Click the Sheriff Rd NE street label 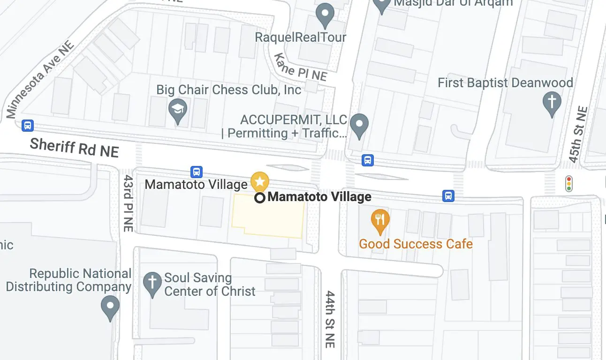[74, 148]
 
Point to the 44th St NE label [331, 319]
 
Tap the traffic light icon [569, 183]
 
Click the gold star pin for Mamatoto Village [259, 181]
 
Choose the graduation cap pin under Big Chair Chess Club [178, 111]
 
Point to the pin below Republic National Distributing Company [110, 307]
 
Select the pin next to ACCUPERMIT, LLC [359, 125]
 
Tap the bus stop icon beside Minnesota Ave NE [28, 125]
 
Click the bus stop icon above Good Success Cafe [448, 196]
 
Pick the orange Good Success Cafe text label [416, 244]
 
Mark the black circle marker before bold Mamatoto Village [260, 197]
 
